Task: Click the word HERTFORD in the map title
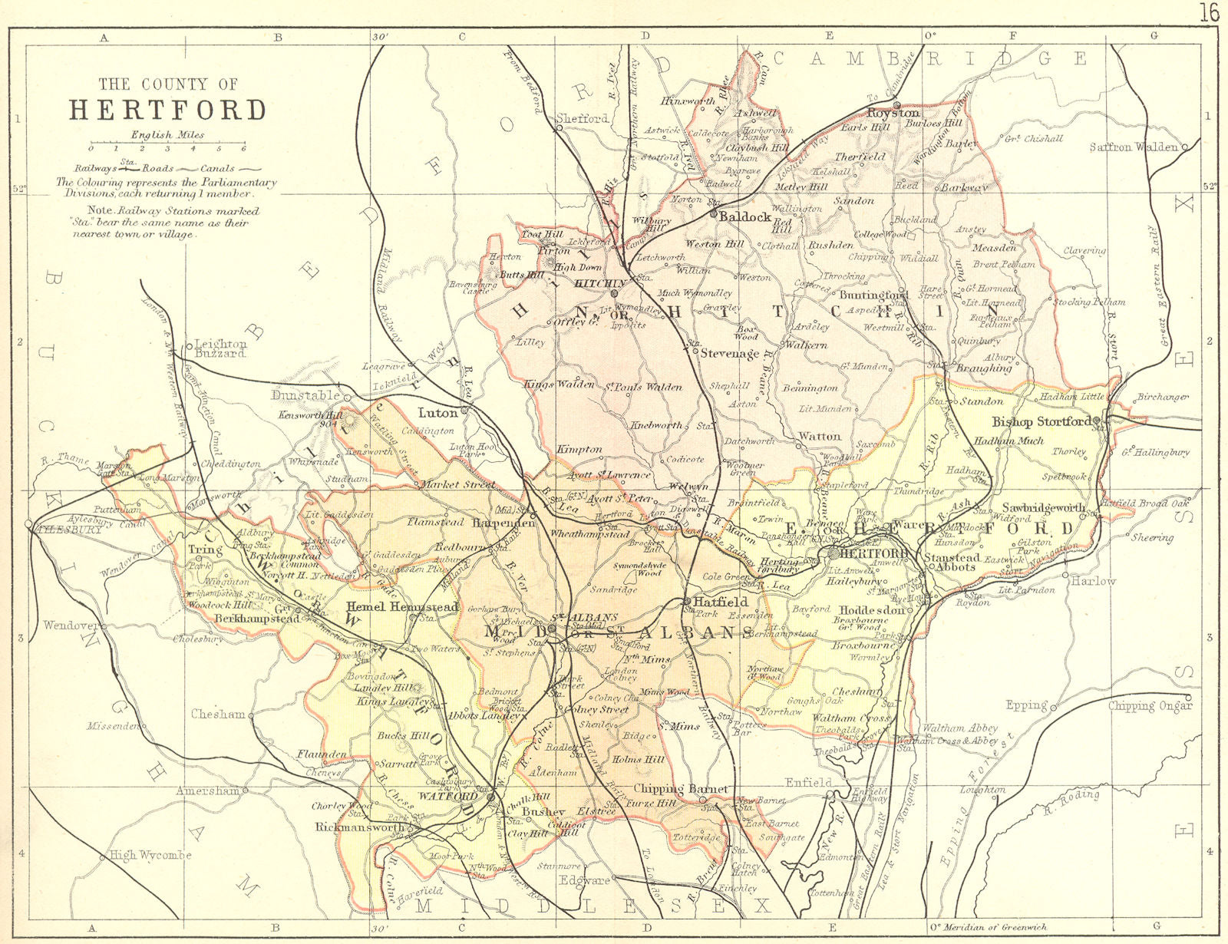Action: (x=168, y=111)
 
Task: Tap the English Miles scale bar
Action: (x=167, y=144)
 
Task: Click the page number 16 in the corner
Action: (x=1209, y=13)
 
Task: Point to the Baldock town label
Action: (x=744, y=217)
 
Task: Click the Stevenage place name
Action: (x=729, y=354)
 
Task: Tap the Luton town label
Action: (x=437, y=412)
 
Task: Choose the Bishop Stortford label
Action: (x=1041, y=421)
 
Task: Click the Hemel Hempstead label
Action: (x=402, y=606)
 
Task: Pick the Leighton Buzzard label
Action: (x=220, y=349)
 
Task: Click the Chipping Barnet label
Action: (x=680, y=789)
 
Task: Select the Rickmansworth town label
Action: (x=360, y=829)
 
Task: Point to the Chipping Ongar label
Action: (x=1150, y=705)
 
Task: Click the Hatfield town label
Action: (x=721, y=602)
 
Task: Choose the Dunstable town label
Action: (x=305, y=395)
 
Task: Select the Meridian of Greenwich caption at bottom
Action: (x=992, y=927)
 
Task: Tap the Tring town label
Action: (x=204, y=550)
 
